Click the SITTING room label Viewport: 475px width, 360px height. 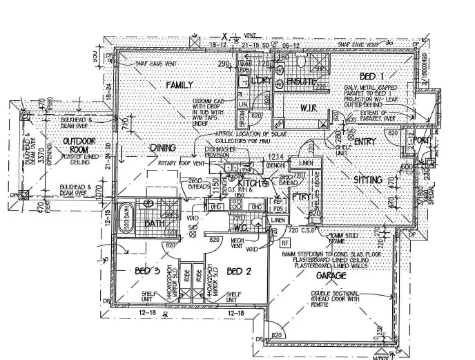click(368, 180)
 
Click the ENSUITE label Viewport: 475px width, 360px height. click(301, 82)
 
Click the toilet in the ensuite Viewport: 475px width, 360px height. click(300, 62)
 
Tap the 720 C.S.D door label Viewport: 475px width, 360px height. click(305, 229)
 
